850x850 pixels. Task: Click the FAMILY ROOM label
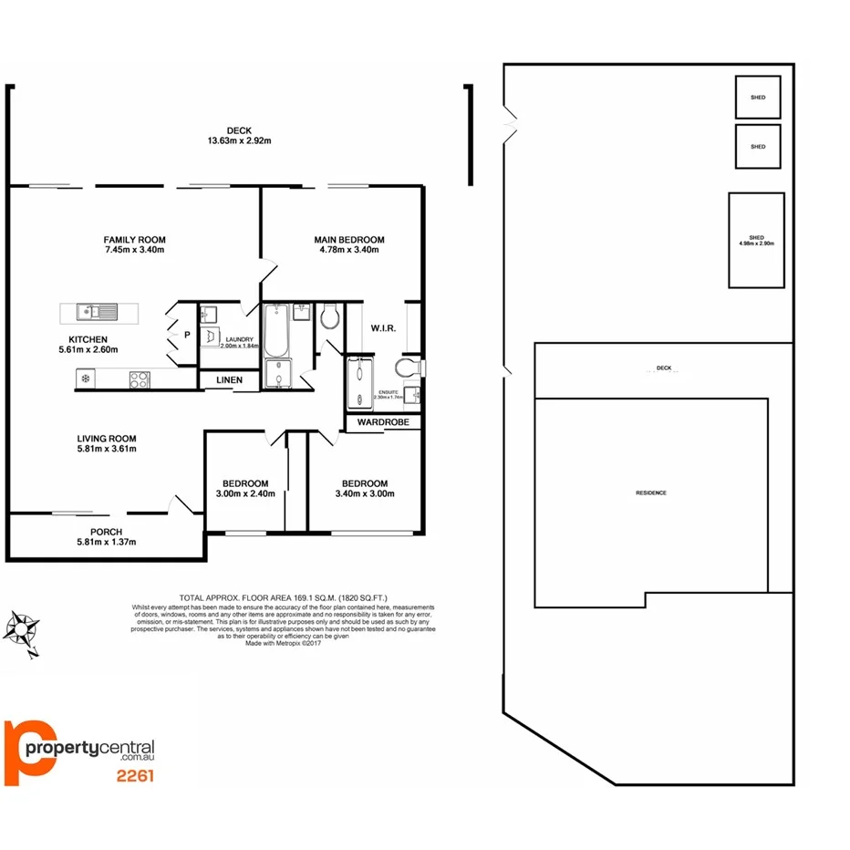point(134,240)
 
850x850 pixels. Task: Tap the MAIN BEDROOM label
point(349,240)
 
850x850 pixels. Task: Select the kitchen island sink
point(91,312)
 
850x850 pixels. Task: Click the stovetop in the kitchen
point(140,378)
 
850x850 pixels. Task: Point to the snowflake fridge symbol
point(86,378)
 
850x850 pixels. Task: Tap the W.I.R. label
point(382,327)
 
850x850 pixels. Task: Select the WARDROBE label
point(382,423)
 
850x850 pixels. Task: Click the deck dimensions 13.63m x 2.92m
point(239,140)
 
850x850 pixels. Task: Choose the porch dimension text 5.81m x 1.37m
point(107,542)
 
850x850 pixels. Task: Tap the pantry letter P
point(187,335)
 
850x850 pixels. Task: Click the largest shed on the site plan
point(756,240)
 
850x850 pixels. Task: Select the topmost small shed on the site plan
point(758,97)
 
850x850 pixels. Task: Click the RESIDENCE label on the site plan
point(651,492)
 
